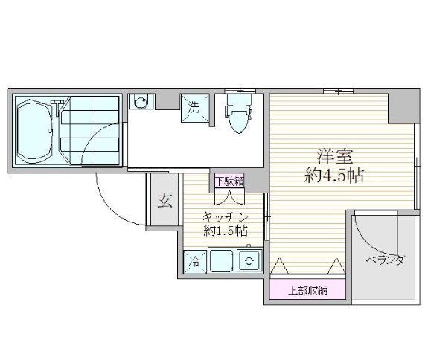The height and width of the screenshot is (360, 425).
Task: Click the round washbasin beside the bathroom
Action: point(139,102)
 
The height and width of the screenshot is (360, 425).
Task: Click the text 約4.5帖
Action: point(333,176)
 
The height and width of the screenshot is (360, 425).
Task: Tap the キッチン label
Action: point(225,216)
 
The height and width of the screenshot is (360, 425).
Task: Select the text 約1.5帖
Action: point(225,231)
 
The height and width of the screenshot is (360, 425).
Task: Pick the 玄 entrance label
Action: point(163,200)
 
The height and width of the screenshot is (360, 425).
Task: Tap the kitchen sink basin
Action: point(221,261)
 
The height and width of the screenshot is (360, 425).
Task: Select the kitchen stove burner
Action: point(250,260)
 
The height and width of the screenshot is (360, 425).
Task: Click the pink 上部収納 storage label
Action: point(307,289)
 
